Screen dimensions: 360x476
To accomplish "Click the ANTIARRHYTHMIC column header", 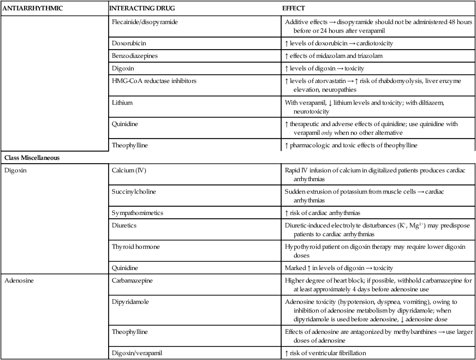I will [x=33, y=9].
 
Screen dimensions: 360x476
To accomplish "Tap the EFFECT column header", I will [x=294, y=9].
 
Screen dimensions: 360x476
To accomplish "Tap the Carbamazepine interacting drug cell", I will [x=135, y=280].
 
